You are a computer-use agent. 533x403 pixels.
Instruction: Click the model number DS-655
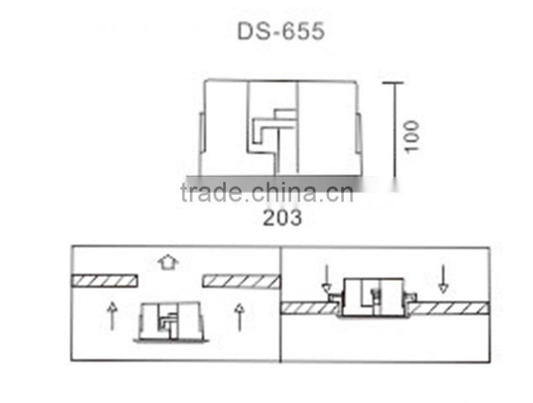pos(280,31)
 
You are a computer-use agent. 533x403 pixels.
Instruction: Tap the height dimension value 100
pos(412,135)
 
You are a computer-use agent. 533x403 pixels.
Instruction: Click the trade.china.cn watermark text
pos(266,193)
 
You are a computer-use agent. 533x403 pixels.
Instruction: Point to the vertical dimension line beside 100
pos(394,129)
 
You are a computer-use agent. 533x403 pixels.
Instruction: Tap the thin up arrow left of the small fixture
pos(112,316)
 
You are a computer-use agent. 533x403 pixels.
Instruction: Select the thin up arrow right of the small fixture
pos(239,316)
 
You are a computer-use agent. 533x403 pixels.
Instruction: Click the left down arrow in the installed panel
pos(326,280)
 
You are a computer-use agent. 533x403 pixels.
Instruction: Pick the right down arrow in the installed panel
pos(442,278)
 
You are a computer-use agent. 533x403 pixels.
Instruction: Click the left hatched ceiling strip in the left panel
pos(105,280)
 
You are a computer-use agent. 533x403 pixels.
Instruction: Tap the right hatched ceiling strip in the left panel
pos(241,281)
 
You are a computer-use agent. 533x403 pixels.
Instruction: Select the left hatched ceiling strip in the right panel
pos(307,308)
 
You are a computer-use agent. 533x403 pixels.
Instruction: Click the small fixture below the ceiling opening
pos(171,322)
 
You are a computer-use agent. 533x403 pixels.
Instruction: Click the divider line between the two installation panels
pos(280,304)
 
